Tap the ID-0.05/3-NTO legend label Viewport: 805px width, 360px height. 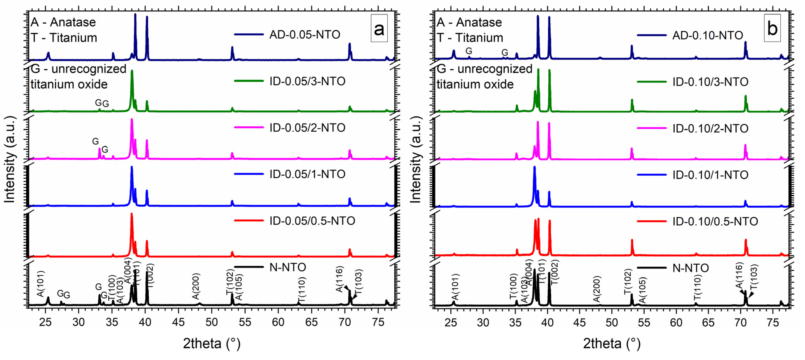coord(307,81)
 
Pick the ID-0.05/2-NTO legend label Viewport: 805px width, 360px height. coord(307,128)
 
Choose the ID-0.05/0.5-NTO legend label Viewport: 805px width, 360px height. coord(312,221)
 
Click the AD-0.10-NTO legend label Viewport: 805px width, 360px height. coord(707,35)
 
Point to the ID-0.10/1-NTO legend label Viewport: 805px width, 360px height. coord(710,175)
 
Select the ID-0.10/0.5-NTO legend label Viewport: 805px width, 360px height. coord(715,222)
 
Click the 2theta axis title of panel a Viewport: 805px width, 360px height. coord(212,343)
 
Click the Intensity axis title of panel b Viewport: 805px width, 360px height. coord(416,159)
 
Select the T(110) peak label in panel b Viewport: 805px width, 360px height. coord(698,287)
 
